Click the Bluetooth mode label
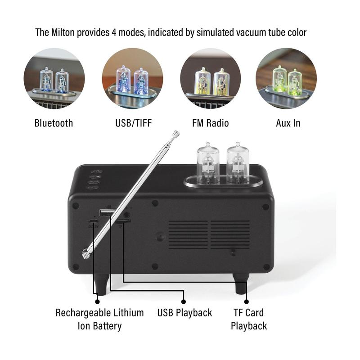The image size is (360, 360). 54,123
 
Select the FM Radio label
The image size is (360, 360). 210,123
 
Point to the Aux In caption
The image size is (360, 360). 288,123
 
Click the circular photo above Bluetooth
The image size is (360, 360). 54,78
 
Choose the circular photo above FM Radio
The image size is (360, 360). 210,78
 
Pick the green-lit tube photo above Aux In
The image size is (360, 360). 286,78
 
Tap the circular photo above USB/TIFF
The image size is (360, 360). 132,78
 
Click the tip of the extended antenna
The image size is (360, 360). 176,133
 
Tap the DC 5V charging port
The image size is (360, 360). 93,222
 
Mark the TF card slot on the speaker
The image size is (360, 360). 123,221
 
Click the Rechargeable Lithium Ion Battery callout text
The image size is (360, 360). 99,319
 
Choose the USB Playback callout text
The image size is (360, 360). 184,312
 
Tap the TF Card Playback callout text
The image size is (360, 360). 248,319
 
